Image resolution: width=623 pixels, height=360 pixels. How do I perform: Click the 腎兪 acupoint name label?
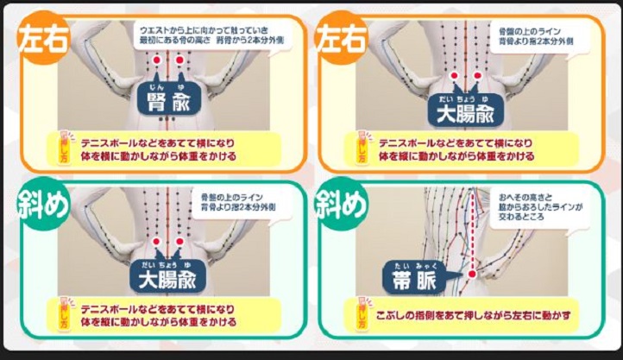click(x=169, y=102)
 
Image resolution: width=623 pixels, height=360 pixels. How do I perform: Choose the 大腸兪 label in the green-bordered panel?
click(x=167, y=278)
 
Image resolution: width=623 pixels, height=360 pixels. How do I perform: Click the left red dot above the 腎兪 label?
click(x=156, y=61)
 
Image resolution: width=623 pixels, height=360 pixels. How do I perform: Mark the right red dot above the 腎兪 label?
click(x=180, y=61)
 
